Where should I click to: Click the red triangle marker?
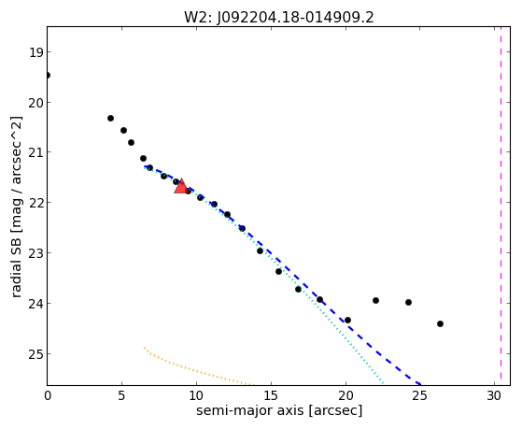coord(181,186)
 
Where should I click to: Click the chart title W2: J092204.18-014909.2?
coord(279,18)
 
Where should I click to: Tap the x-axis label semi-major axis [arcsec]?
coord(279,410)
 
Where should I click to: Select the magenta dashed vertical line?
coord(501,206)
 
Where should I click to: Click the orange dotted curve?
coord(195,369)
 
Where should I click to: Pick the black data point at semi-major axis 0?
coord(48,76)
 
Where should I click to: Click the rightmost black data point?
coord(440,323)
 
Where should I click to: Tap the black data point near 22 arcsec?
coord(375,300)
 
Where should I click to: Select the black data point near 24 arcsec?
coord(408,302)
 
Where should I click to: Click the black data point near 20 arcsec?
coord(348,320)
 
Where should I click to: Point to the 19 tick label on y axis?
coord(35,52)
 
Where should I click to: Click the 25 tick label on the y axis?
coord(35,354)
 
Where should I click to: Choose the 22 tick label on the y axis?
coord(35,203)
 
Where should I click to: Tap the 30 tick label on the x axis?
coord(494,396)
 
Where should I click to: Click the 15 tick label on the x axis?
coord(270,396)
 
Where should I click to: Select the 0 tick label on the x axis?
coord(48,396)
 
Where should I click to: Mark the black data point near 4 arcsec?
coord(110,118)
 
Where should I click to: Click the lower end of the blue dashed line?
coord(420,385)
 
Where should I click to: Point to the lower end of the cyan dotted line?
coord(384,384)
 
